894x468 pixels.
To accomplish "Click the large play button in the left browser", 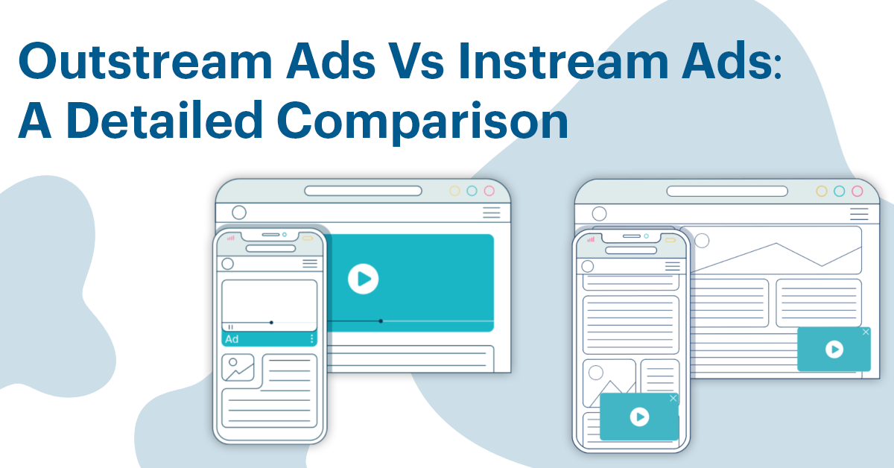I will coord(363,279).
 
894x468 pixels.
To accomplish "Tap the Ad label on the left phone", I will coord(232,339).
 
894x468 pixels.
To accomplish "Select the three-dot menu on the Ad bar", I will coord(311,339).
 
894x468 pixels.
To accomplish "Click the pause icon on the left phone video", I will coord(231,326).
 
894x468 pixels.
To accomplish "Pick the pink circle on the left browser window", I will coord(489,191).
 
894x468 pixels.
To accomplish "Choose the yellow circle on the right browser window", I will coord(822,191).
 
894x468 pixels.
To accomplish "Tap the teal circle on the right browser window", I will coord(840,191).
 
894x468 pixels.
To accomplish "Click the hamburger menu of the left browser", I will coord(491,213).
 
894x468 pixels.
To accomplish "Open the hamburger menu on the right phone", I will coord(672,266).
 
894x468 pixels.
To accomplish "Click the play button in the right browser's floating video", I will coord(834,349).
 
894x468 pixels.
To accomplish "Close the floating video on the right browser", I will coord(865,332).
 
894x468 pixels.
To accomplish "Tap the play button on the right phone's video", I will coord(639,417).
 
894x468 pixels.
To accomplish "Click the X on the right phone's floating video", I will coord(673,399).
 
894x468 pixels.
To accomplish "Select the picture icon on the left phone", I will coord(238,367).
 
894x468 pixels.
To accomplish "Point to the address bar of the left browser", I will coord(364,191).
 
